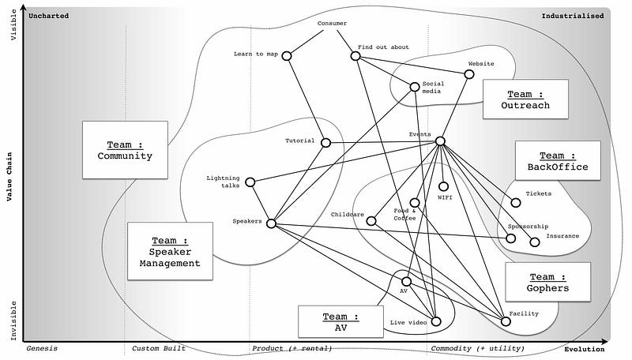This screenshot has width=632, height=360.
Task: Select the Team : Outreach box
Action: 525,99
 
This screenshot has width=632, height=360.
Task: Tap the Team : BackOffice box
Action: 558,161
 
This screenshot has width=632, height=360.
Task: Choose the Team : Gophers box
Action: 547,283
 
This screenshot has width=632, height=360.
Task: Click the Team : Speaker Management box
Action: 170,251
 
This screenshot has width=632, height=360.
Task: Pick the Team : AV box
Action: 340,321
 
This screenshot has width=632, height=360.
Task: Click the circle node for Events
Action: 440,141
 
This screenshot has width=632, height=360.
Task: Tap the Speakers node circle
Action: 271,223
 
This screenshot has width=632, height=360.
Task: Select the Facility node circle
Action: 506,321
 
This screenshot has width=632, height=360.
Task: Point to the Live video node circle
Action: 435,321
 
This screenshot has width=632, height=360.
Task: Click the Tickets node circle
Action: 517,203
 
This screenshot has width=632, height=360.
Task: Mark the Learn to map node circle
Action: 287,55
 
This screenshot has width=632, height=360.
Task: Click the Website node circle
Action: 469,74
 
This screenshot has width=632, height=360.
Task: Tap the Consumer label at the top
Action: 332,23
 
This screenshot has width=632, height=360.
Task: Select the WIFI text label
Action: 445,197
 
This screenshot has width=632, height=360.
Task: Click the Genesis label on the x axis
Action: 41,348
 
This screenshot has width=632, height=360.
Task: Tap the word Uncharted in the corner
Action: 48,16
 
